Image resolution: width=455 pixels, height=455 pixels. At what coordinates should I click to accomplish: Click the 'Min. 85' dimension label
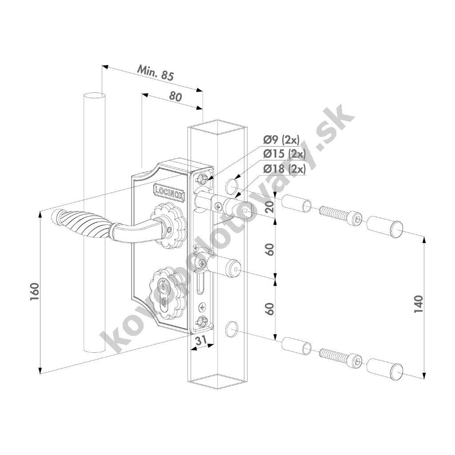point(155,73)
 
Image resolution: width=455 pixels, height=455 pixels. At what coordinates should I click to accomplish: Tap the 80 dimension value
point(176,96)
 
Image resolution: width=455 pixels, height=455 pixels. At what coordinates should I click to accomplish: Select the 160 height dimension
point(35,291)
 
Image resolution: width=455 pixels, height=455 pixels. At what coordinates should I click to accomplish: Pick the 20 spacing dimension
point(270,207)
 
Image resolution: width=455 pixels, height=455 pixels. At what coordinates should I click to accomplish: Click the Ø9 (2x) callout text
point(281,140)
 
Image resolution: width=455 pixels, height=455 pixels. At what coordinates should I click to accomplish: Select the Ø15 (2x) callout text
point(284,154)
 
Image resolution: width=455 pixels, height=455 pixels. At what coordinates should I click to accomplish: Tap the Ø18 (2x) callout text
point(284,169)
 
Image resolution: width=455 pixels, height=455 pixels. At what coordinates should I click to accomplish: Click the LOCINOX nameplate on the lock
point(169,192)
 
